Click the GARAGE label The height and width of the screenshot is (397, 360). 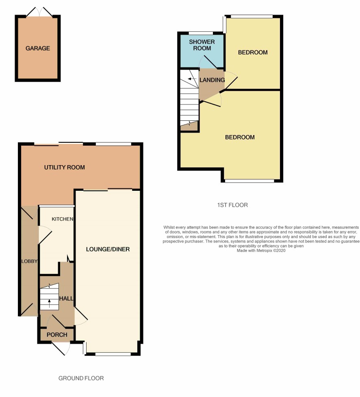pyautogui.click(x=38, y=48)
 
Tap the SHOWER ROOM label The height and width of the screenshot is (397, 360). pyautogui.click(x=202, y=45)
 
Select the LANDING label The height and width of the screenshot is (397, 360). pyautogui.click(x=212, y=80)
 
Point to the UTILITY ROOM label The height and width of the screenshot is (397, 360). pyautogui.click(x=65, y=167)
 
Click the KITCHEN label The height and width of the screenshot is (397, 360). pyautogui.click(x=63, y=219)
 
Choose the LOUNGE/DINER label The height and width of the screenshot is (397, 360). pyautogui.click(x=108, y=249)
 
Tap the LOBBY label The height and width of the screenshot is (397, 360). pyautogui.click(x=29, y=261)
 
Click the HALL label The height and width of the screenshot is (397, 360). pyautogui.click(x=66, y=299)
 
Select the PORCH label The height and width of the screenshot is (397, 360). pyautogui.click(x=57, y=335)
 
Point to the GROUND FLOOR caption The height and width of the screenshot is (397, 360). pyautogui.click(x=81, y=378)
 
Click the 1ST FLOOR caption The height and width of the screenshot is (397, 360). pyautogui.click(x=232, y=205)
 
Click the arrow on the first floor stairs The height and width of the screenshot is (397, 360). pyautogui.click(x=192, y=79)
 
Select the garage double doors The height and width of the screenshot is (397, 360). pyautogui.click(x=39, y=12)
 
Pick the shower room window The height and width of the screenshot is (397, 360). pyautogui.click(x=201, y=33)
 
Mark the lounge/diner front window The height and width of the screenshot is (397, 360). pyautogui.click(x=113, y=354)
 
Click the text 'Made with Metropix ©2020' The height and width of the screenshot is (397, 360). pyautogui.click(x=261, y=251)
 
